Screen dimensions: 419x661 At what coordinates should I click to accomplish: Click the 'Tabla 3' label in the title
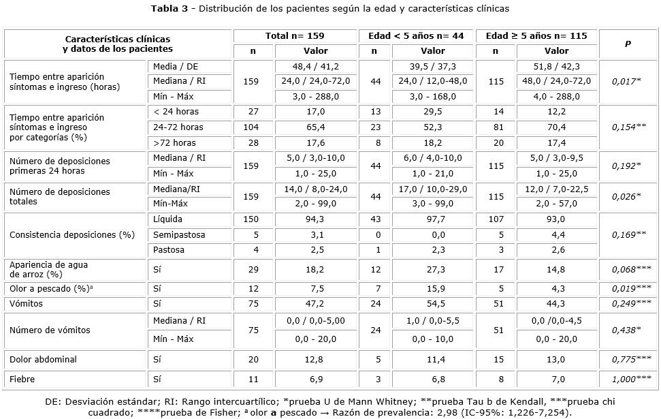coord(169,9)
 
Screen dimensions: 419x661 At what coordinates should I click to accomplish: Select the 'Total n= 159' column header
coord(295,35)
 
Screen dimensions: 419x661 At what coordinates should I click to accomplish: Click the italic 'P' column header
coord(628,44)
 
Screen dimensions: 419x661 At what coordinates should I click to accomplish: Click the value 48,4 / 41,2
coord(315,66)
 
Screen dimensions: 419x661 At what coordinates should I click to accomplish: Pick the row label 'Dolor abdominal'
coord(43,359)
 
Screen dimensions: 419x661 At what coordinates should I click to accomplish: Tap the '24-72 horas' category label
coord(178,127)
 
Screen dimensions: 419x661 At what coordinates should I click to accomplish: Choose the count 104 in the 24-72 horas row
coord(253,127)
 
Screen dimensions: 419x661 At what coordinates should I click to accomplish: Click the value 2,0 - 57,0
coord(556,204)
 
